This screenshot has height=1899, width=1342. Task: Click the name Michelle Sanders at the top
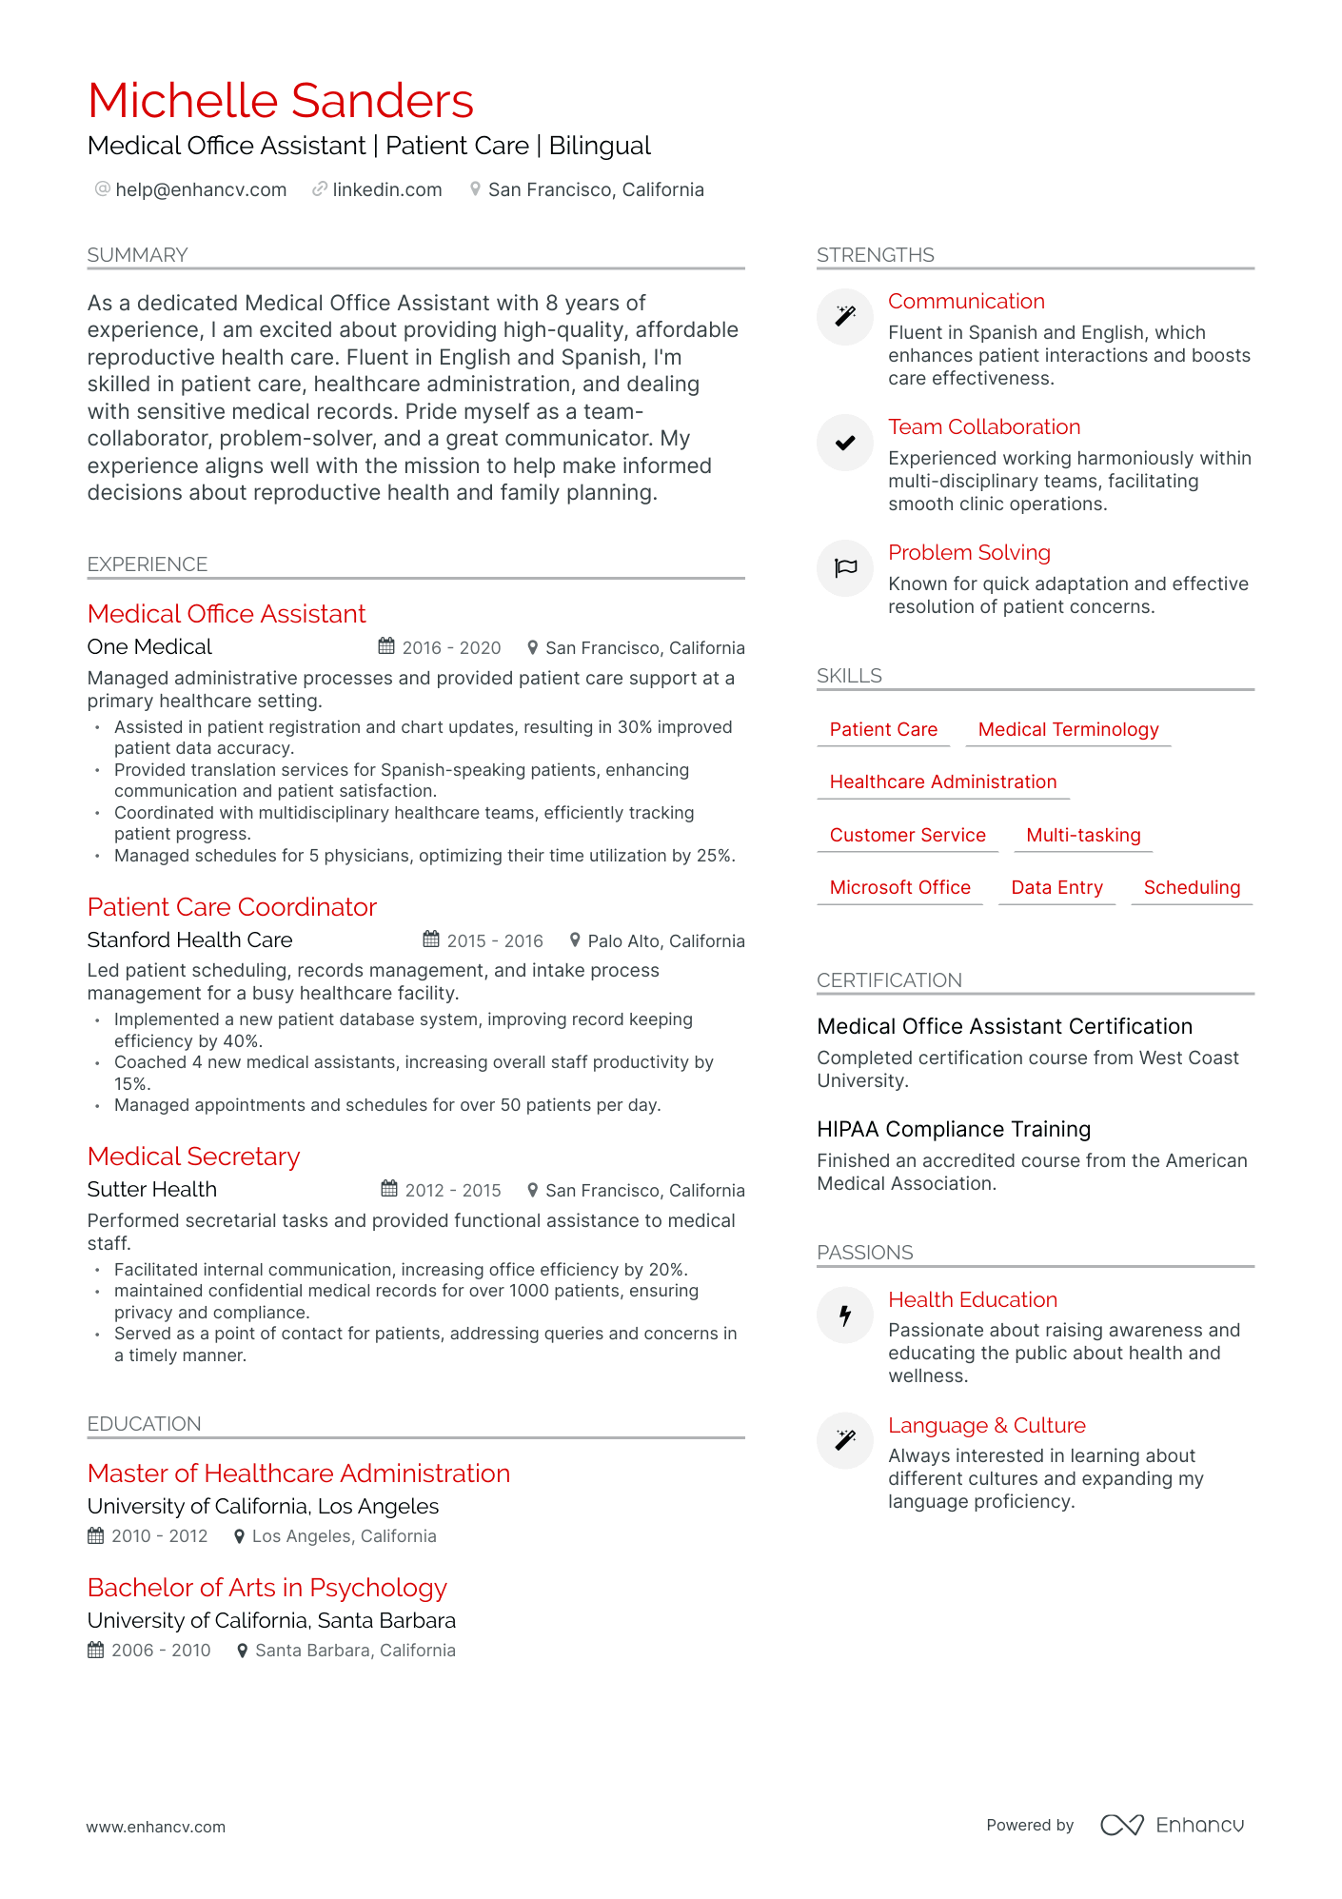point(280,101)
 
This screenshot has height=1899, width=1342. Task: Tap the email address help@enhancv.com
point(200,189)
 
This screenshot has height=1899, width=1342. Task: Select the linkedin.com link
point(386,189)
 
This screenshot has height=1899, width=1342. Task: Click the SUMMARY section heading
point(137,255)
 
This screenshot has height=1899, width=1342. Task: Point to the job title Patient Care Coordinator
point(231,907)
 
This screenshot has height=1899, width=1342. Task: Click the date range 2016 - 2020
point(451,648)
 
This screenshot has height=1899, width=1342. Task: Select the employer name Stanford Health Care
point(189,940)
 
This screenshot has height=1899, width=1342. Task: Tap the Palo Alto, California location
point(665,941)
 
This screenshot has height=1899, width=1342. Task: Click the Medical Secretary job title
point(193,1157)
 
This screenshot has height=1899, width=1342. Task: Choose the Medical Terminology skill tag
point(1068,730)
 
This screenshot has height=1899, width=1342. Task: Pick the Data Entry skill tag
point(1056,888)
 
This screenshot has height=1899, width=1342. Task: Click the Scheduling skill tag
point(1192,888)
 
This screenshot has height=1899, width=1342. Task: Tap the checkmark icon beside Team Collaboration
point(845,443)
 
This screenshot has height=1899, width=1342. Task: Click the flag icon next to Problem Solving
point(845,568)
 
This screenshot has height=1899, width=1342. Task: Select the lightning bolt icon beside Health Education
point(845,1315)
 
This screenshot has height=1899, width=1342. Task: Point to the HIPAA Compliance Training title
point(954,1130)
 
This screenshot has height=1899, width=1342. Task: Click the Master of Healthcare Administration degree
point(299,1474)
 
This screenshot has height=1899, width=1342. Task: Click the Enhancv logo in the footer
point(1173,1825)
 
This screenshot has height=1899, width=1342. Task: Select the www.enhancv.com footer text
point(156,1827)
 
